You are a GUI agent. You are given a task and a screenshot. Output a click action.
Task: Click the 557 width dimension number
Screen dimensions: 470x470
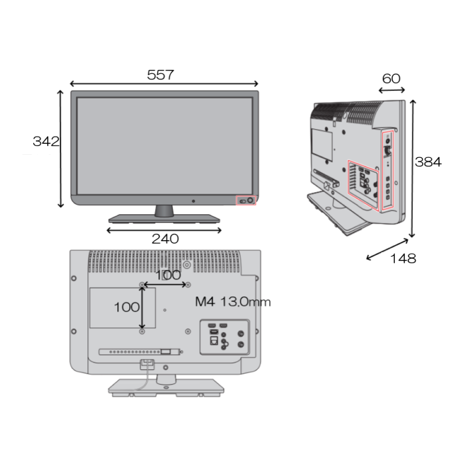(x=160, y=75)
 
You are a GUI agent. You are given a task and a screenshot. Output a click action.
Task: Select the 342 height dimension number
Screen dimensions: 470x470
(x=46, y=141)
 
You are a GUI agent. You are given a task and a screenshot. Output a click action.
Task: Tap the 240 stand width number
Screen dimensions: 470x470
(x=165, y=239)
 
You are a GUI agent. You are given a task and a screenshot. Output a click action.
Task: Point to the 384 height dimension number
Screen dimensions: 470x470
(x=428, y=162)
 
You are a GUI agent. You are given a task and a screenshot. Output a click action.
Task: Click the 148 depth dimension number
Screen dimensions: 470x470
(x=403, y=259)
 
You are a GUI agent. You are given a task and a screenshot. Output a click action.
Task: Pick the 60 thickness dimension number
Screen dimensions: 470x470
(x=391, y=78)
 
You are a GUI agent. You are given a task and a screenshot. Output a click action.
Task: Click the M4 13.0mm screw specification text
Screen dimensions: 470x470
(x=233, y=302)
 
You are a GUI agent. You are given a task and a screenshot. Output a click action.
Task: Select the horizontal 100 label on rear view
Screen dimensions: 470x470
(x=168, y=275)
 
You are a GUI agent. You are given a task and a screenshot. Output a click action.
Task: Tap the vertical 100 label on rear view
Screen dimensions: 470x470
(x=126, y=307)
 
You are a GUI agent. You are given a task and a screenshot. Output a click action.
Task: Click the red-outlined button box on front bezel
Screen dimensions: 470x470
(x=246, y=200)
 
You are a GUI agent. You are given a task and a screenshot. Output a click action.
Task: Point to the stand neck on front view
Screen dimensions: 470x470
(x=164, y=210)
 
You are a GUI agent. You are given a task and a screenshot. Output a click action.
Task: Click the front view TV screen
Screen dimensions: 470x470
(x=164, y=145)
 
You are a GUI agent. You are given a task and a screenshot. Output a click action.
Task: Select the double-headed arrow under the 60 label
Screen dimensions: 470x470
(x=392, y=90)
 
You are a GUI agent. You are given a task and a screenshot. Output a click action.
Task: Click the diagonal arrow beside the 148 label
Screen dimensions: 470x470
(x=388, y=249)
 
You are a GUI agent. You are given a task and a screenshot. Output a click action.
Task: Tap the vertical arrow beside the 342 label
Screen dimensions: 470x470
(x=61, y=149)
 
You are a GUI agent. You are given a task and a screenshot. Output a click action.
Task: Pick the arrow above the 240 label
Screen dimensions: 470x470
(x=164, y=231)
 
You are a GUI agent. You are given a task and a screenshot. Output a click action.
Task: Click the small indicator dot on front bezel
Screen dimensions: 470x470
(x=193, y=201)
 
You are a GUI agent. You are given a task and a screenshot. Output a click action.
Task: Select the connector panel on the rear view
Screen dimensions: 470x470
(x=224, y=337)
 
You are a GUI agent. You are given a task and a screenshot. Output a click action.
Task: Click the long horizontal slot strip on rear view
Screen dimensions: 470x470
(x=139, y=352)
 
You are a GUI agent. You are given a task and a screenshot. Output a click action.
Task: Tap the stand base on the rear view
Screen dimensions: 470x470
(x=165, y=387)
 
